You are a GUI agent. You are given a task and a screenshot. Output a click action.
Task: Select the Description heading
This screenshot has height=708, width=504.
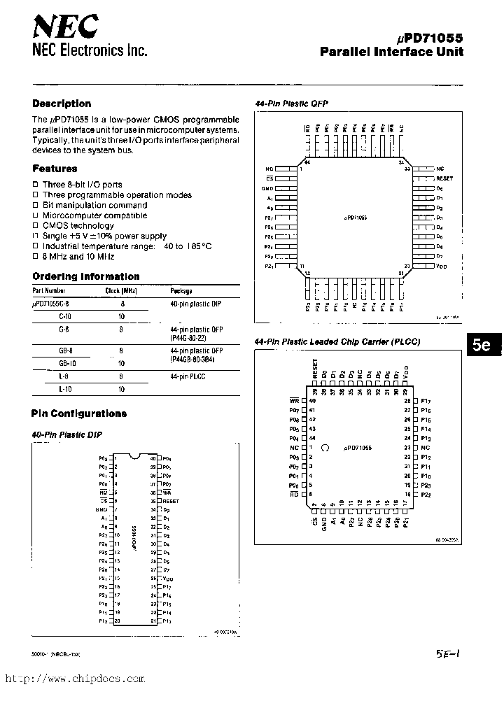[x=62, y=104]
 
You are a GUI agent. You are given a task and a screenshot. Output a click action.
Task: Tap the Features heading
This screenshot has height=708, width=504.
[x=55, y=169]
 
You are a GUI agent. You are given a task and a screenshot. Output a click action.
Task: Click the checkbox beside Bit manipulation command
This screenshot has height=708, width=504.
[x=35, y=206]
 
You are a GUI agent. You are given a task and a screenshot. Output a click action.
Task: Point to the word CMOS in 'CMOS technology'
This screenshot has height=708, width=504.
[x=54, y=226]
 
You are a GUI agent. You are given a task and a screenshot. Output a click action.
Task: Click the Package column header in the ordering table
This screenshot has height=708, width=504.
[x=181, y=290]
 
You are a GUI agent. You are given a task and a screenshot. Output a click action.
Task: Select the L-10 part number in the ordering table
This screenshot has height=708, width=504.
[x=66, y=388]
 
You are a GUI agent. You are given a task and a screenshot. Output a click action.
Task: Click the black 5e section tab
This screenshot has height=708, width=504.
[x=481, y=345]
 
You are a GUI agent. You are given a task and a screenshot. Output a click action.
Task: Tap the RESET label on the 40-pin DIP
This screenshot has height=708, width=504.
[x=171, y=501]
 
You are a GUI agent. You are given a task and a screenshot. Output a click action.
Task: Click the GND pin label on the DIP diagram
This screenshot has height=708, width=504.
[x=101, y=510]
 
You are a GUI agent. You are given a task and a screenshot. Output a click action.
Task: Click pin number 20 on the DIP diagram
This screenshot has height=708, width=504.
[x=118, y=621]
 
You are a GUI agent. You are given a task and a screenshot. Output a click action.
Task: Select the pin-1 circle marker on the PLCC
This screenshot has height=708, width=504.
[x=325, y=447]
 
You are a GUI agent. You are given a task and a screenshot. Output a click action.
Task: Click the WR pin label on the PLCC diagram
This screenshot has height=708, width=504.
[x=294, y=401]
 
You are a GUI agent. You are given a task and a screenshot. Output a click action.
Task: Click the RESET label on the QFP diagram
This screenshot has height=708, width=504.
[x=444, y=178]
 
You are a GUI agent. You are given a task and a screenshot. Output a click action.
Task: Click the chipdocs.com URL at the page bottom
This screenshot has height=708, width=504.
[x=76, y=679]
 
